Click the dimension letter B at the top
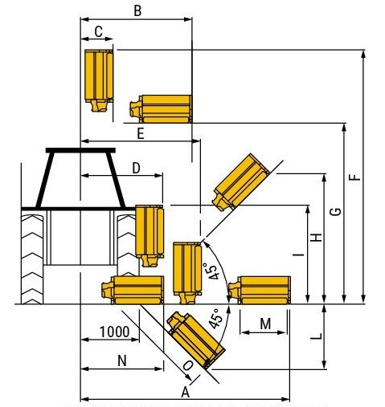pyautogui.click(x=137, y=11)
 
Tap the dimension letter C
pyautogui.click(x=98, y=31)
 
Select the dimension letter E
pyautogui.click(x=141, y=134)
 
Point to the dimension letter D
pyautogui.click(x=136, y=169)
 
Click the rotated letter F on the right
pyautogui.click(x=356, y=177)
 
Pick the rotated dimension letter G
pyautogui.click(x=335, y=211)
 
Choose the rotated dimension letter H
pyautogui.click(x=317, y=238)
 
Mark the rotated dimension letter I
pyautogui.click(x=298, y=254)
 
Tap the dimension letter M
pyautogui.click(x=265, y=324)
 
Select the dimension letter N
pyautogui.click(x=122, y=360)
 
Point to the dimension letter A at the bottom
pyautogui.click(x=186, y=393)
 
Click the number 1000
pyautogui.click(x=115, y=332)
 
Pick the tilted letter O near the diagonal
pyautogui.click(x=188, y=365)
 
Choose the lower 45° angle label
pyautogui.click(x=215, y=318)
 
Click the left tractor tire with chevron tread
pyautogui.click(x=32, y=259)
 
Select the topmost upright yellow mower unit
pyautogui.click(x=99, y=80)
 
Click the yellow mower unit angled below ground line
pyautogui.click(x=195, y=340)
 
